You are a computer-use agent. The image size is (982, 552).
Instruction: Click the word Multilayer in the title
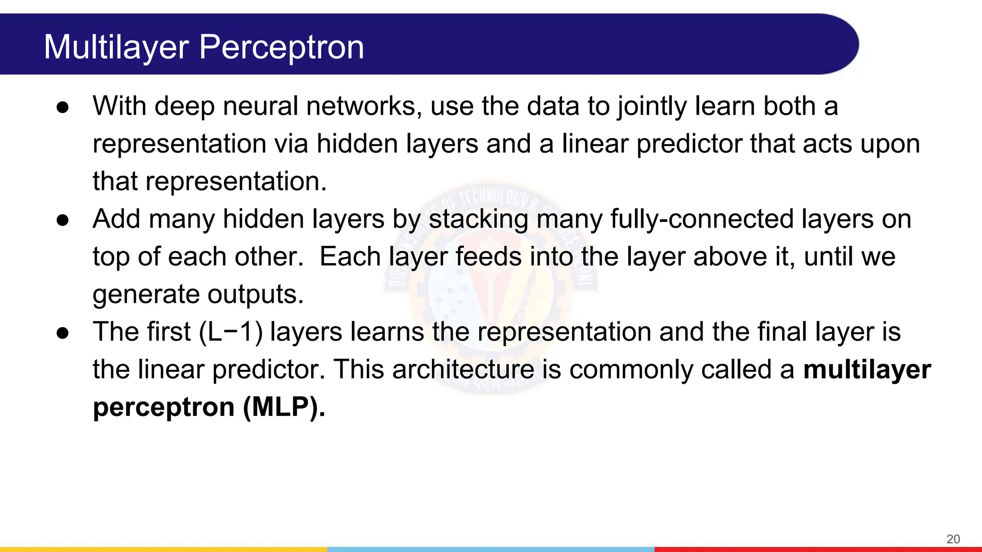pos(117,47)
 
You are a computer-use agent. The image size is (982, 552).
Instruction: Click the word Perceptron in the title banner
pos(281,47)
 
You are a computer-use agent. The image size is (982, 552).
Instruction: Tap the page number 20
pos(953,539)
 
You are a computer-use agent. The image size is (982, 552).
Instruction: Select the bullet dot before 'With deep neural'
pos(63,107)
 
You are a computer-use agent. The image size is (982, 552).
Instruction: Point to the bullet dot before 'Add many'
pos(63,220)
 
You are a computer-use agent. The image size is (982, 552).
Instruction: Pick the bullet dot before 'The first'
pos(63,333)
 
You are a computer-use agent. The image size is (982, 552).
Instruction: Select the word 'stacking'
pos(478,219)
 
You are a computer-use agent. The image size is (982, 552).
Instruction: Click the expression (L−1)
pos(231,332)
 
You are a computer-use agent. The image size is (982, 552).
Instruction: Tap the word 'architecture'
pos(463,370)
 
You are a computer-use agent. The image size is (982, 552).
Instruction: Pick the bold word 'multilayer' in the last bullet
pos(867,370)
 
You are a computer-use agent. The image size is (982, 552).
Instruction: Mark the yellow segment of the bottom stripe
pos(163,549)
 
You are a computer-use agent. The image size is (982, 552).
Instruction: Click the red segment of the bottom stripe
pos(818,549)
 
